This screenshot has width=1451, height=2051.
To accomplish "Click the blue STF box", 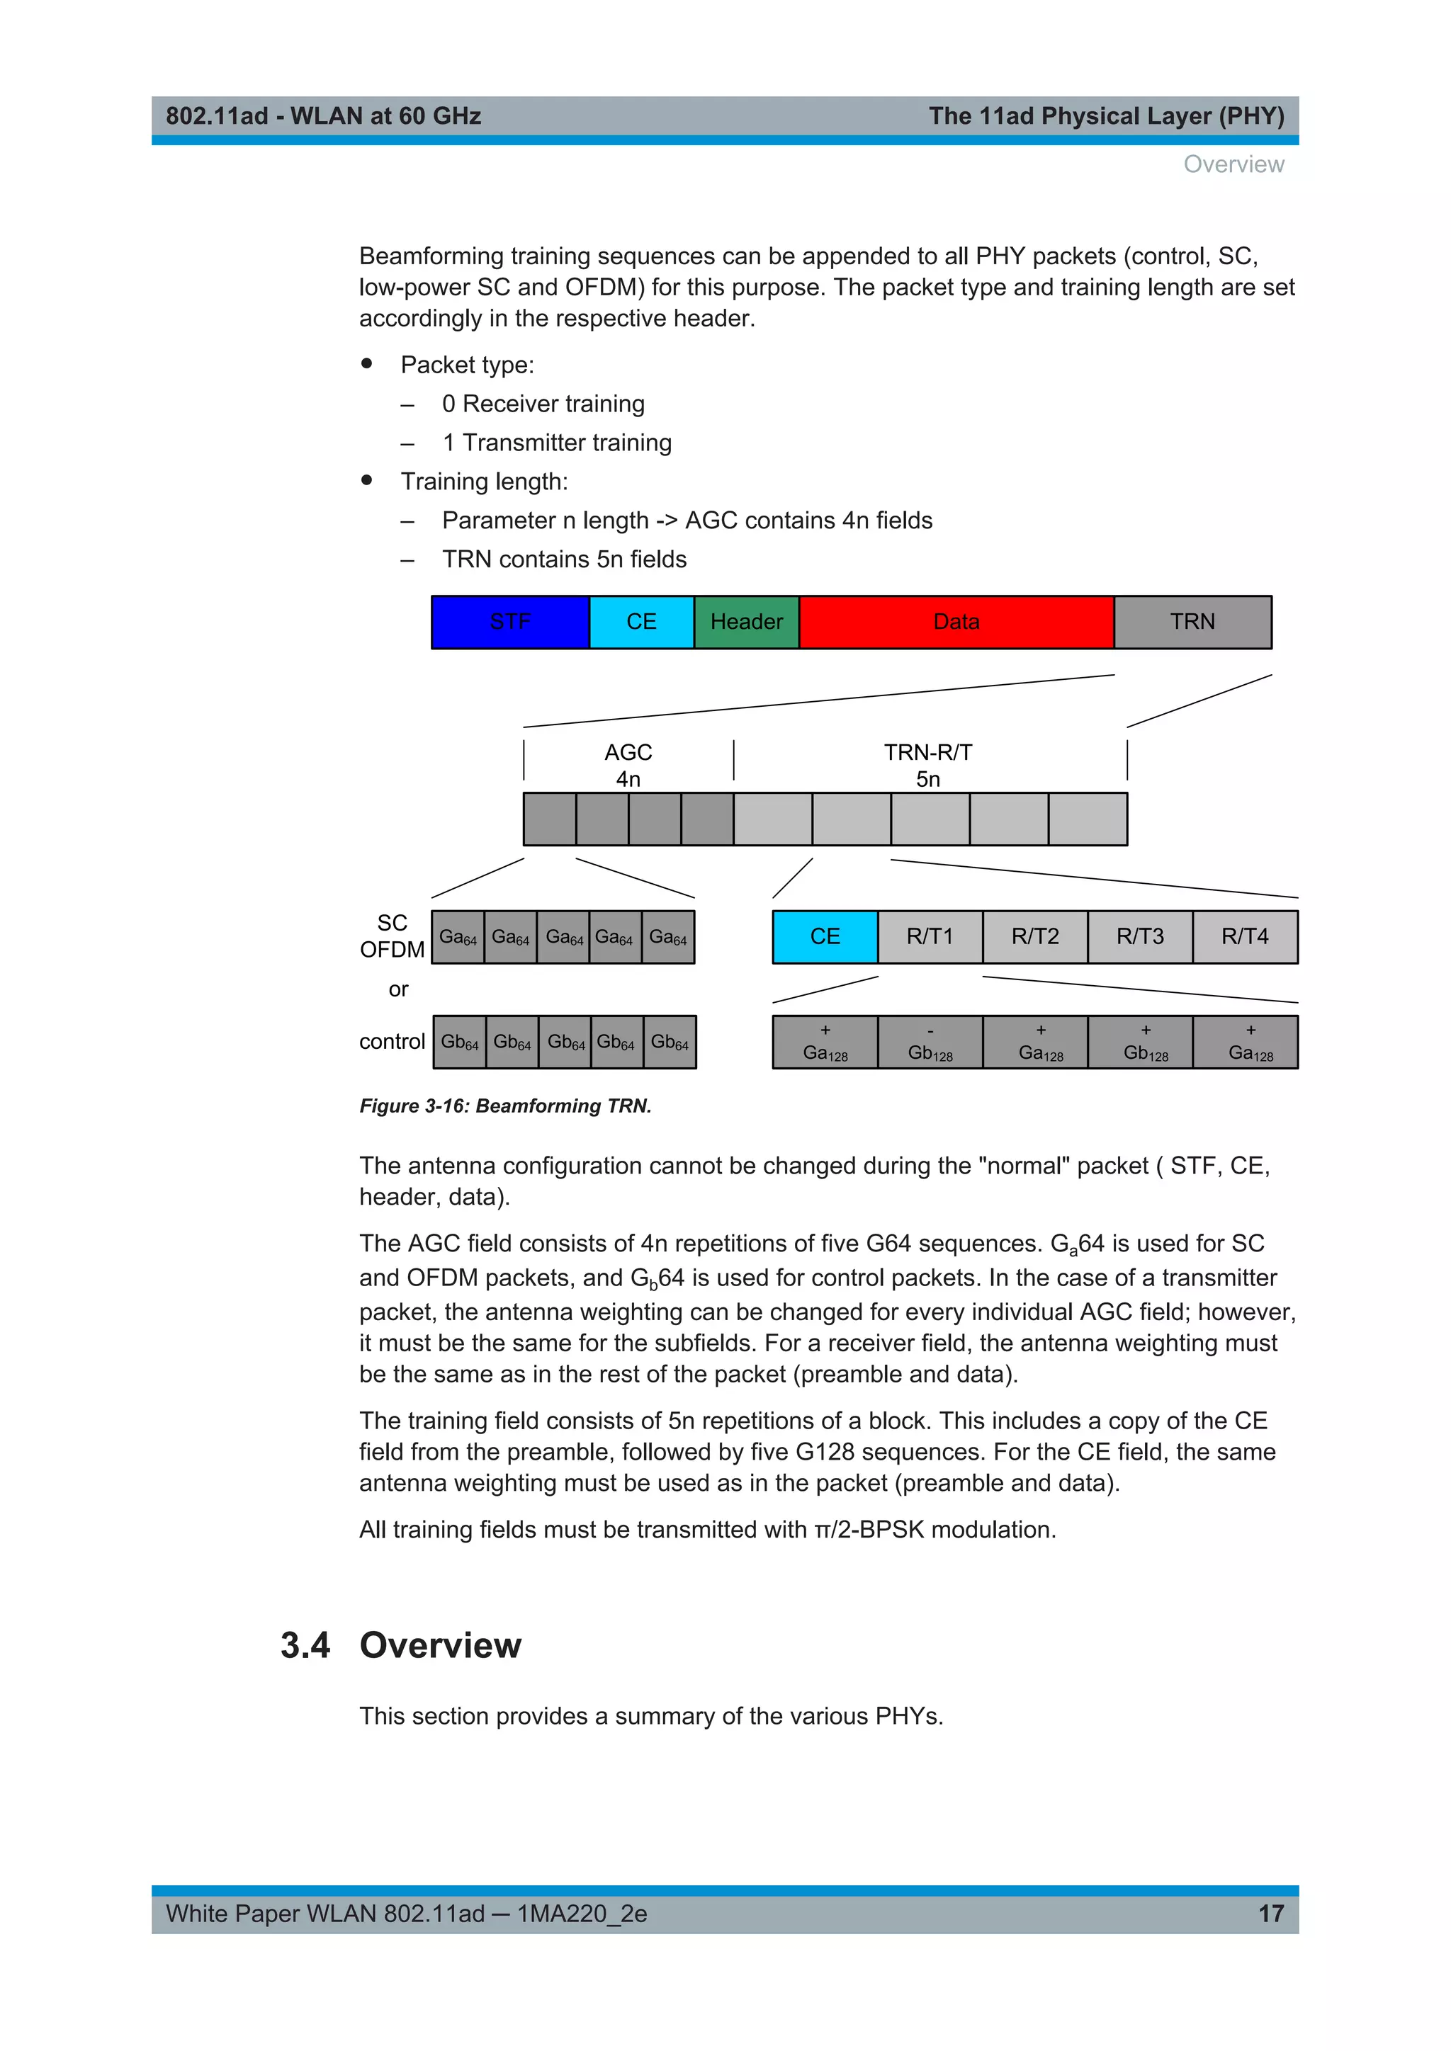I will coord(510,622).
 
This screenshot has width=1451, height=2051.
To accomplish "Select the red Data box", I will coord(956,622).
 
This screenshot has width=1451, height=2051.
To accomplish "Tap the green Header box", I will coord(746,622).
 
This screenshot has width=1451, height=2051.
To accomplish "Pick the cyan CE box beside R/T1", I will coord(825,936).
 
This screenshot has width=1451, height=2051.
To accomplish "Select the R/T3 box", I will coord(1140,936).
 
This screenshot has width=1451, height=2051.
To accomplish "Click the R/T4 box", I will coord(1245,936).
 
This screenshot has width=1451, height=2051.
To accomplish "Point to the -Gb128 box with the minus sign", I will coord(930,1042).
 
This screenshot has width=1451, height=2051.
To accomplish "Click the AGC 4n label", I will coord(628,765).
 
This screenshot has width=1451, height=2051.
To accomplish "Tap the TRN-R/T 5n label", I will coord(928,765).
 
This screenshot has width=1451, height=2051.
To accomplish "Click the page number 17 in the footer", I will coord(1270,1914).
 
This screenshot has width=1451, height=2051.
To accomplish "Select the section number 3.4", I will coord(305,1645).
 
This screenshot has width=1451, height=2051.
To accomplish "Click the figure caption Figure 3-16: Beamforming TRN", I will coord(506,1106).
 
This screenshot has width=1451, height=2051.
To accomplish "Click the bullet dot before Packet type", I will coord(366,363).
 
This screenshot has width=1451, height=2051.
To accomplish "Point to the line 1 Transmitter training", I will coord(557,443).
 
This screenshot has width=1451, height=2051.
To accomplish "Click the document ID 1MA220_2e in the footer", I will coord(582,1914).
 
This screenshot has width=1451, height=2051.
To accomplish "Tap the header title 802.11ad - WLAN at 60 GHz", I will coord(324,116).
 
